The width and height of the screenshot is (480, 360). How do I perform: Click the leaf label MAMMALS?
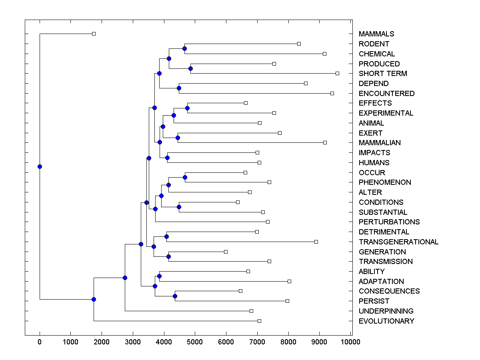coord(376,34)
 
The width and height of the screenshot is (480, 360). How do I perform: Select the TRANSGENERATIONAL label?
coord(398,242)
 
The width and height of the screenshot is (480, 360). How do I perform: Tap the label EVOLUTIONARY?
coord(386,321)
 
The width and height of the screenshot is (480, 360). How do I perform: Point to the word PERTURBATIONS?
coord(389,222)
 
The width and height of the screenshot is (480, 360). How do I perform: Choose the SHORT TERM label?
coord(383,74)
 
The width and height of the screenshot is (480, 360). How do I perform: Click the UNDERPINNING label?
coord(386,311)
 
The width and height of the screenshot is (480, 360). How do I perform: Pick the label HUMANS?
coord(374,162)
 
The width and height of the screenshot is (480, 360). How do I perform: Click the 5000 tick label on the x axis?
coord(195,342)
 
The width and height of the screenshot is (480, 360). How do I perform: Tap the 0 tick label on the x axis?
coord(40,342)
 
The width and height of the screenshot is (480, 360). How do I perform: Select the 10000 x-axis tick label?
coord(351,342)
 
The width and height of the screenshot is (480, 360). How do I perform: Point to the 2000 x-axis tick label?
coord(102,342)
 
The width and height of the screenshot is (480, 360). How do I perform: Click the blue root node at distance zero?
coord(40,166)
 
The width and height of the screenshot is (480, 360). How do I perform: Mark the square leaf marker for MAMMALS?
coord(94,34)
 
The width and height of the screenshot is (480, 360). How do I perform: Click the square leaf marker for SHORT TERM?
coord(337,73)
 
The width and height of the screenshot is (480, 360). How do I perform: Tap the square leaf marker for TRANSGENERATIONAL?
coord(316,242)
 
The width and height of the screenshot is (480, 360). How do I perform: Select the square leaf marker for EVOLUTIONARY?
coord(259,321)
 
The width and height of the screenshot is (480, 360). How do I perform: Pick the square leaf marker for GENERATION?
coord(226,252)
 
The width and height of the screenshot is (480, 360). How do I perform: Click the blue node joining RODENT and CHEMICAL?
coord(184,49)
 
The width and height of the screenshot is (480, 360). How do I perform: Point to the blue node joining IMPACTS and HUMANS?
coord(167,158)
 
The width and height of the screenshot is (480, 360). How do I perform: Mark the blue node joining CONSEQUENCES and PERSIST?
coord(175,296)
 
